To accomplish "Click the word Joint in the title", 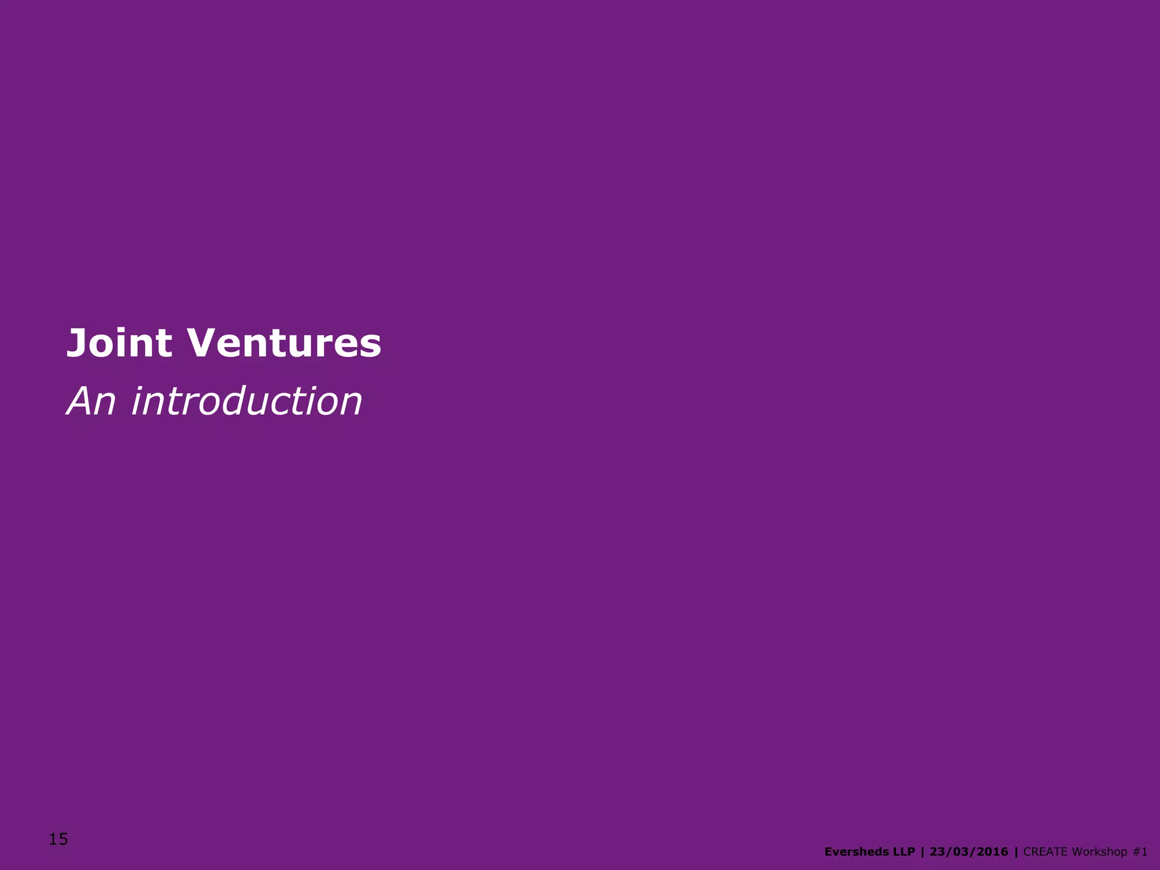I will coord(119,343).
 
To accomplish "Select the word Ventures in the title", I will coord(284,343).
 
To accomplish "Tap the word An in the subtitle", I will coord(91,402).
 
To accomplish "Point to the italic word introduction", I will coord(246,402).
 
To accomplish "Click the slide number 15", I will coord(58,839).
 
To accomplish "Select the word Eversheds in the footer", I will coord(857,852).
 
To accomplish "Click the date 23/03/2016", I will coord(969,852).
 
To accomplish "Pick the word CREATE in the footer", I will coord(1046,852).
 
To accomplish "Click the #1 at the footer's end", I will coord(1141,852).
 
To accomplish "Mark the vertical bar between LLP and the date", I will coord(923,852).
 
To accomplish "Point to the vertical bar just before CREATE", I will coord(1016,852).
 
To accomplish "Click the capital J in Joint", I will coord(77,343).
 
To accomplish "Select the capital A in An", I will coord(80,402).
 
